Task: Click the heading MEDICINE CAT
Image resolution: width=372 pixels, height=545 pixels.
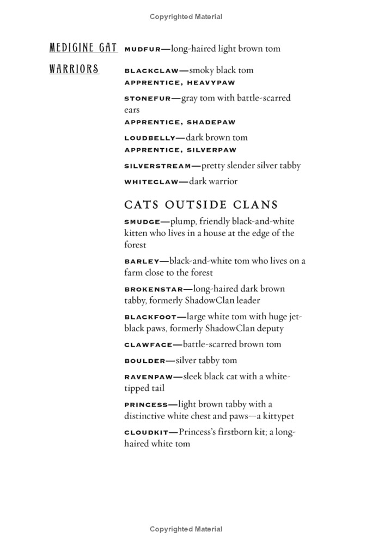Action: pyautogui.click(x=83, y=48)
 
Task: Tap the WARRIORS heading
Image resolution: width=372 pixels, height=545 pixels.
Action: pyautogui.click(x=74, y=69)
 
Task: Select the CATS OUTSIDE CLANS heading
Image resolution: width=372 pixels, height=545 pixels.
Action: pyautogui.click(x=201, y=205)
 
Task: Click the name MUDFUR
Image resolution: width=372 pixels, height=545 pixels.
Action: pyautogui.click(x=143, y=50)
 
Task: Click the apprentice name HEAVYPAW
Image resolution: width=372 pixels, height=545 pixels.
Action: pyautogui.click(x=211, y=83)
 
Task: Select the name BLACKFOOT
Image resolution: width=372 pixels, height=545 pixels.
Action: pyautogui.click(x=150, y=317)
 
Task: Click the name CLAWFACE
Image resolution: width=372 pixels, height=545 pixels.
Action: pyautogui.click(x=148, y=345)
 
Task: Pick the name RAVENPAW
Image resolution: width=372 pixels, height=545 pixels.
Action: pyautogui.click(x=148, y=377)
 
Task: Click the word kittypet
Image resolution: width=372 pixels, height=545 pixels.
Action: pyautogui.click(x=278, y=416)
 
